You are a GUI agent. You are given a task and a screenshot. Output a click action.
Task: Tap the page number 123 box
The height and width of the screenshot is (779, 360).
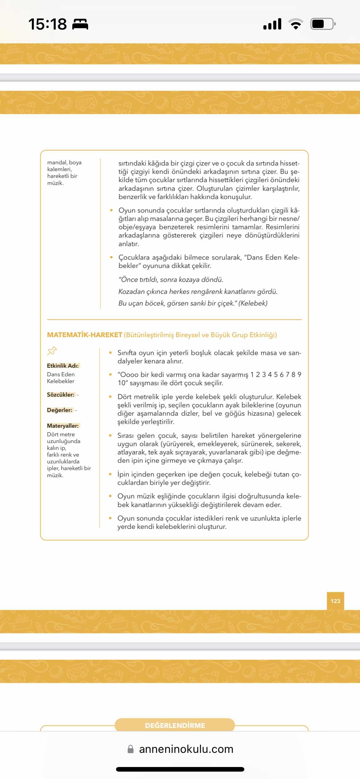point(335,601)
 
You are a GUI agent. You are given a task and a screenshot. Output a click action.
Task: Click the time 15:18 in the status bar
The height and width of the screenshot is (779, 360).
point(47,24)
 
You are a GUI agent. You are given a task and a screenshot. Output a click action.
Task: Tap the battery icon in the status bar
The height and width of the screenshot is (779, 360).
point(322,24)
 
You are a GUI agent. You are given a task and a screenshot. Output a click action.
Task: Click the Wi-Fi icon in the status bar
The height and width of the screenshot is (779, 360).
point(296,24)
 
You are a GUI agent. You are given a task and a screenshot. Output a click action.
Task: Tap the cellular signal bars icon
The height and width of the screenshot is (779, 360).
point(272,24)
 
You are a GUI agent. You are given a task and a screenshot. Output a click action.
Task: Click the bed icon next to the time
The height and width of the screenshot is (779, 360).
point(80,24)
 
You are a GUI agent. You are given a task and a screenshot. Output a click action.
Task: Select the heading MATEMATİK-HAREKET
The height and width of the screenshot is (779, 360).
point(85,335)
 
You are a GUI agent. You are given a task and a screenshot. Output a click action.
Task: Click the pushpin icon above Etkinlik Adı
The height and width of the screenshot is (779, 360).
point(52,351)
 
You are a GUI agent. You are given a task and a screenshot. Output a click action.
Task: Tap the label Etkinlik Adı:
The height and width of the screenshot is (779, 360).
point(63,366)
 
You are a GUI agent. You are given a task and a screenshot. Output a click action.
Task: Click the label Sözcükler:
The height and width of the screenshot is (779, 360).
point(61,394)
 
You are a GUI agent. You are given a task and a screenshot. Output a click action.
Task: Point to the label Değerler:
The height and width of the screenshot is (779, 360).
point(60,410)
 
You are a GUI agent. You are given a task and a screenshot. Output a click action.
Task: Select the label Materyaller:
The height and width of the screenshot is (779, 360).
point(63,425)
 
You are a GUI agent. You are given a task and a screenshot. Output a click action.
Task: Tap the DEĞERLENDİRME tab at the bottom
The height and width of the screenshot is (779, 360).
point(175,725)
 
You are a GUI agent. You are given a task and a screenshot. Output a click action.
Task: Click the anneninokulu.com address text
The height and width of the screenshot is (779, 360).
point(186,749)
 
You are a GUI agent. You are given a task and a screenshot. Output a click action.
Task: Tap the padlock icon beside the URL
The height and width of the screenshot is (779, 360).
point(130,749)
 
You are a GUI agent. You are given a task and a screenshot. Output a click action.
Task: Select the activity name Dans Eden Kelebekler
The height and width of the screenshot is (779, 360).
point(61,378)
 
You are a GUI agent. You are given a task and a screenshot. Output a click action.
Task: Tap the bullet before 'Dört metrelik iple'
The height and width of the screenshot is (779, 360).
point(110,397)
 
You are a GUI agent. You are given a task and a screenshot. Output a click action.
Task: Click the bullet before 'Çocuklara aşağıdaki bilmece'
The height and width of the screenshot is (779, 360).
point(111,257)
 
